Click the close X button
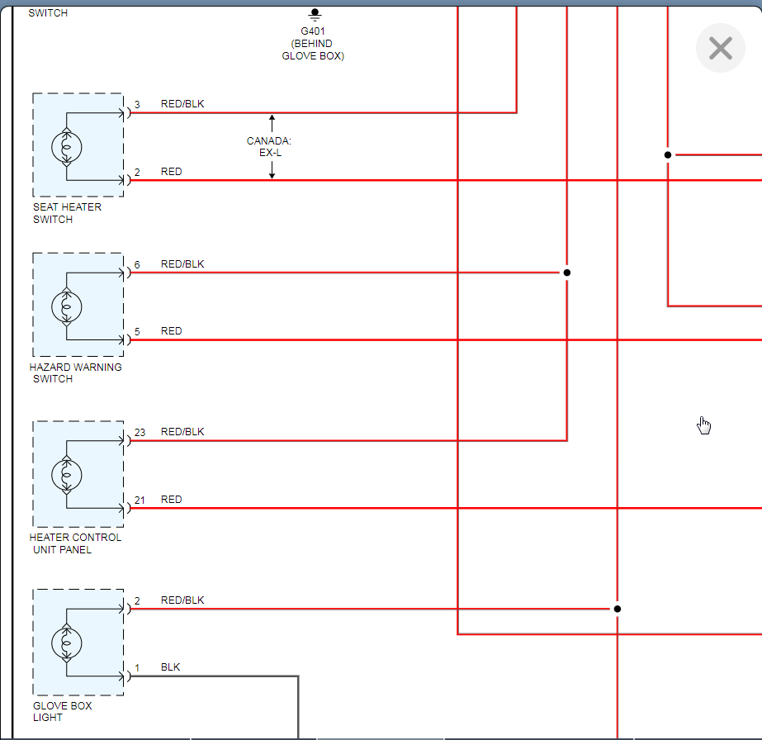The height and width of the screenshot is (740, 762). tap(720, 48)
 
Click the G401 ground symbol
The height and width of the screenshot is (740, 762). tap(314, 14)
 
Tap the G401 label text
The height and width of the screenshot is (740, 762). tap(313, 31)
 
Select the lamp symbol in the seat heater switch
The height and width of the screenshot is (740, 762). tap(67, 146)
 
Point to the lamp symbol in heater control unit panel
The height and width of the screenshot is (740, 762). tap(67, 474)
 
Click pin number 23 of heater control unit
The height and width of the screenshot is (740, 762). tap(140, 432)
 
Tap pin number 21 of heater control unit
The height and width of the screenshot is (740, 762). tap(140, 500)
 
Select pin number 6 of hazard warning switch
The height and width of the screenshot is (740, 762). tap(137, 264)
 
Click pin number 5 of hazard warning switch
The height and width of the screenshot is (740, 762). tap(137, 332)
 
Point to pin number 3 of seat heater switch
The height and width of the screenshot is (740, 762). tap(137, 104)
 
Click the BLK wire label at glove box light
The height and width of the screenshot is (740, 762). tap(170, 667)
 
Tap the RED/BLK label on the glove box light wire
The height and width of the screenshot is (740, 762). tap(182, 600)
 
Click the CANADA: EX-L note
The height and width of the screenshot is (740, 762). tap(269, 147)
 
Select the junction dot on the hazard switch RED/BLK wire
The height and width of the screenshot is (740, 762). tap(566, 273)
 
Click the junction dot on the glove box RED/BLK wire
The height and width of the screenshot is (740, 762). tap(617, 609)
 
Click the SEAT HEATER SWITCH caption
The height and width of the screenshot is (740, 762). tap(67, 213)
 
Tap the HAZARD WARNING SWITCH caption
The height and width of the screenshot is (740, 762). tap(75, 373)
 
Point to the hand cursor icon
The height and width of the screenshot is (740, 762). tap(703, 425)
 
